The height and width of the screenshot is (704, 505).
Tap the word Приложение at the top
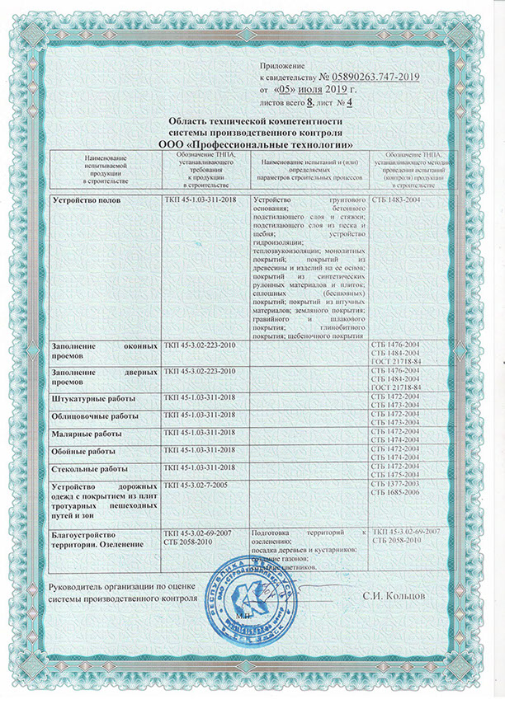coord(282,65)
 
